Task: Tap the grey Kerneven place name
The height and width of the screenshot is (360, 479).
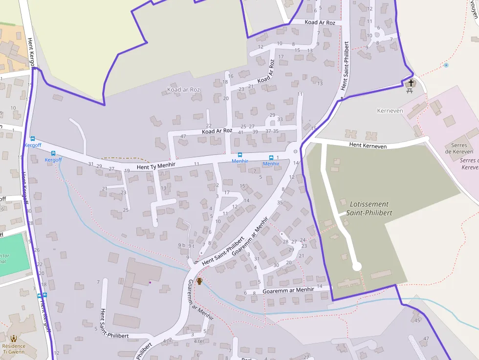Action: coord(390,111)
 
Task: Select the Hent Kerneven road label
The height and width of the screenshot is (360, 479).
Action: coord(368,146)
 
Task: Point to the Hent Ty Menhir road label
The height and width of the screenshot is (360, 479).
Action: coord(156,167)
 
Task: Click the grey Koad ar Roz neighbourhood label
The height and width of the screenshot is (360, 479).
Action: coord(184,90)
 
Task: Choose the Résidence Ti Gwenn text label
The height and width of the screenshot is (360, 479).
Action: coord(14,349)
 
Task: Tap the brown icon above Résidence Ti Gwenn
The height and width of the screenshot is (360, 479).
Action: coord(14,338)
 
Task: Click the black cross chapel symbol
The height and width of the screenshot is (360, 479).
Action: coord(411,83)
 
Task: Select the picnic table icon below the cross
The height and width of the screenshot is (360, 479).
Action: coord(410,90)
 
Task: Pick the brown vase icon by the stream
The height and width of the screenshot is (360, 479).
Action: coord(199,281)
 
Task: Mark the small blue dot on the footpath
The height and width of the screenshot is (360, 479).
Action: coord(446,65)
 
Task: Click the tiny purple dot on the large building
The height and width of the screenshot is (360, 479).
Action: coord(150,282)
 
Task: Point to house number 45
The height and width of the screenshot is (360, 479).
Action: coord(417,320)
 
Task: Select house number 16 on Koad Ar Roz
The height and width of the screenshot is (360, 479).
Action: coord(231,76)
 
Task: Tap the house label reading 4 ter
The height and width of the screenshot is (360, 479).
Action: coord(199,341)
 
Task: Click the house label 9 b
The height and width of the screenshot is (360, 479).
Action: coord(182,245)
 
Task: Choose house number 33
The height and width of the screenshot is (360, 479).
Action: coord(280,119)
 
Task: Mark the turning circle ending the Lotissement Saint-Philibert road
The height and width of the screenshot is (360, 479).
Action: coord(357,266)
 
